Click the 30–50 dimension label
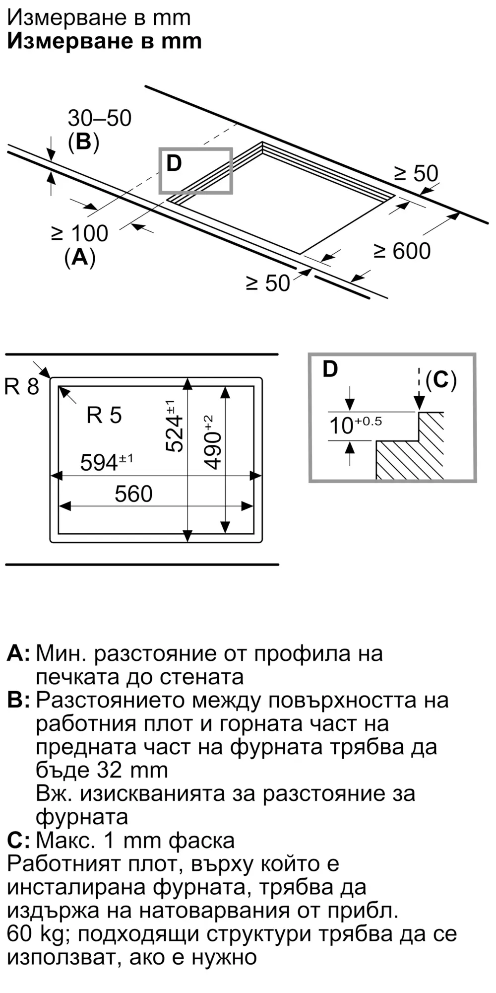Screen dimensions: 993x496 (x=99, y=118)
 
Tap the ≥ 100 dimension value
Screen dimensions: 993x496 (x=80, y=233)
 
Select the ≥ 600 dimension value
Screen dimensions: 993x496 (x=402, y=251)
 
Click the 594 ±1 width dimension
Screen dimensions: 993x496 (x=106, y=462)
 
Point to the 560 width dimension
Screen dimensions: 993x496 (x=133, y=494)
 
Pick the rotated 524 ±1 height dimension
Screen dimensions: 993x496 (x=174, y=426)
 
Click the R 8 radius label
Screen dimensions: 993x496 (x=21, y=386)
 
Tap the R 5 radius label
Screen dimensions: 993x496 (x=104, y=415)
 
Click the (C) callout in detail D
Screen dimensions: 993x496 (x=441, y=380)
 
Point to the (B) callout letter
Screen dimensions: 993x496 (x=83, y=142)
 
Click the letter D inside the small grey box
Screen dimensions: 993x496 (x=174, y=163)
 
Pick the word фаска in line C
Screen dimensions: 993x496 (x=201, y=841)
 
